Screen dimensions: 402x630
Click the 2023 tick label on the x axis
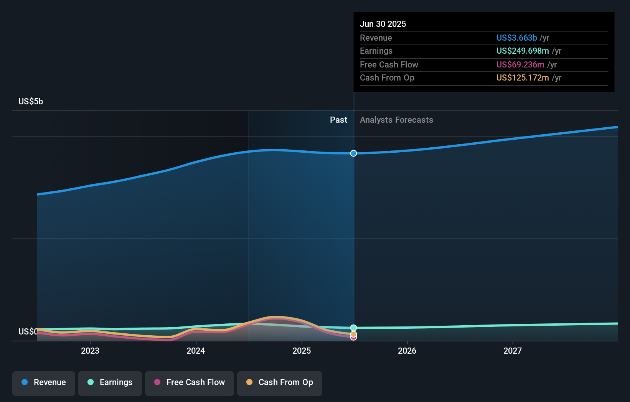(x=90, y=351)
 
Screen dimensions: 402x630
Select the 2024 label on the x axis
(x=196, y=351)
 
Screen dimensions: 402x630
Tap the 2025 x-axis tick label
(x=302, y=351)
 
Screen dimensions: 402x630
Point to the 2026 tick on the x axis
(x=407, y=351)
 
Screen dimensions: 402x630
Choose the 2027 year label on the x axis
(x=513, y=351)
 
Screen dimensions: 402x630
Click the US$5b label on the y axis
(x=31, y=102)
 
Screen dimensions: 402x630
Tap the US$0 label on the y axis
(x=28, y=331)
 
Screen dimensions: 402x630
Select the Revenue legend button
(x=44, y=382)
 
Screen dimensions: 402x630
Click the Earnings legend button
(x=110, y=382)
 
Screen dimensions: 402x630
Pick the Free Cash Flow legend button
(x=190, y=382)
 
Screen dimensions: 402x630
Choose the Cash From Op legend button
(x=280, y=382)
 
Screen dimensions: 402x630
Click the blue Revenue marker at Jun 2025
(x=353, y=153)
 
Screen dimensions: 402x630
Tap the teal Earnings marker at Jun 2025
(x=353, y=328)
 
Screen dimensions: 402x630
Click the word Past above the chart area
(x=338, y=120)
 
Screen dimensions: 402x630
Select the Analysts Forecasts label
(x=396, y=120)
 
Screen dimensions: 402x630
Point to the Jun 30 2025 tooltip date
(x=383, y=24)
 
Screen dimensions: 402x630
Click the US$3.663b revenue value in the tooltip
(x=516, y=38)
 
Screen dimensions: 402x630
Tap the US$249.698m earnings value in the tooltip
(x=523, y=51)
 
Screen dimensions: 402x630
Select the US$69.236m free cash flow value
(x=520, y=65)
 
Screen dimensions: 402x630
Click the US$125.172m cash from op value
(x=523, y=78)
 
